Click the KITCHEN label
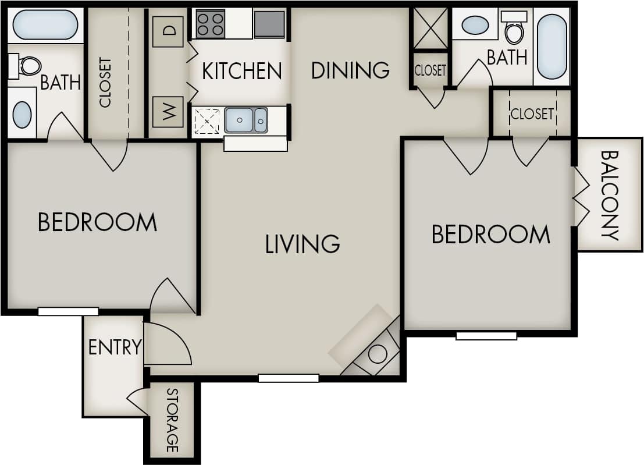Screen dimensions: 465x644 coord(241,71)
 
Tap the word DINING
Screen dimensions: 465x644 coord(350,70)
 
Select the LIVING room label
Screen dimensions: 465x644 coord(303,244)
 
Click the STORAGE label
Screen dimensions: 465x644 coord(172,420)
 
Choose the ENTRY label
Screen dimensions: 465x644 coord(115,347)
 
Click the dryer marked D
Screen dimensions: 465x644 coord(168,31)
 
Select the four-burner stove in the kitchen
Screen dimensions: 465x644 coord(210,24)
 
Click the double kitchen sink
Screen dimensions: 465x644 coord(246,120)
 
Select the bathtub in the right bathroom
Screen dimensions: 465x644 coord(552,47)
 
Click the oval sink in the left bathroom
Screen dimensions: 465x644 coord(22,115)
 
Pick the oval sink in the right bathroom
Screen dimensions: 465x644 coord(475,25)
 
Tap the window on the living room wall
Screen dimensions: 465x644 coord(289,378)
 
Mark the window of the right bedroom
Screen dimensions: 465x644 coord(486,336)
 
